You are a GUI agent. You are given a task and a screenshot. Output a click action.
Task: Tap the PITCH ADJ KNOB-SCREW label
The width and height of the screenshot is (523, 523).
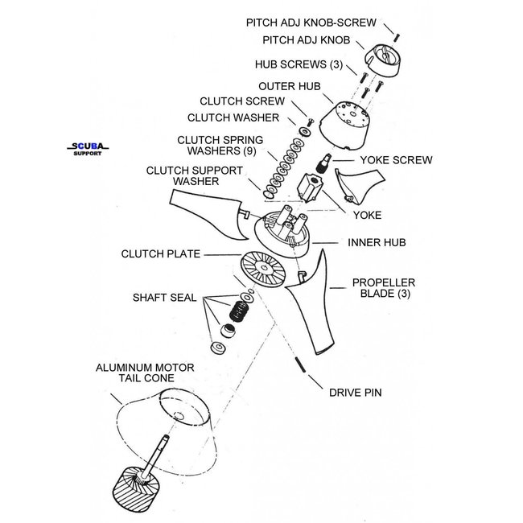click(x=310, y=23)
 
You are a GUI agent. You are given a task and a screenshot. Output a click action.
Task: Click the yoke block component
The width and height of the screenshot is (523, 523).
click(x=309, y=189)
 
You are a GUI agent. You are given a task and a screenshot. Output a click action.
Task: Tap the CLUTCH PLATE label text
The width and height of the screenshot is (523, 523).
click(x=158, y=254)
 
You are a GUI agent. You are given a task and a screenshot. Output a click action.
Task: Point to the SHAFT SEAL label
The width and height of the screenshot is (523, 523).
click(x=166, y=297)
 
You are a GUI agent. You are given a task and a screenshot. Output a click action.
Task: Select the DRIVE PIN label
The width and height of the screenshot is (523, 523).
click(x=355, y=393)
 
